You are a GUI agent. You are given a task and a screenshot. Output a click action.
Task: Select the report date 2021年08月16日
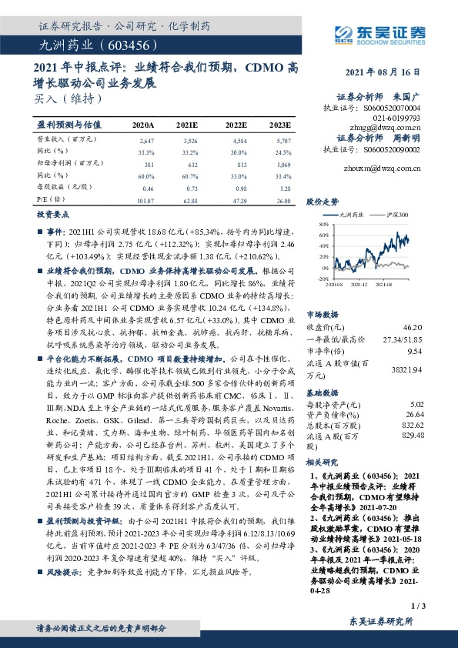[x=384, y=72]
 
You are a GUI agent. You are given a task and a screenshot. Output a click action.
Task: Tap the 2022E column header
[x=236, y=124]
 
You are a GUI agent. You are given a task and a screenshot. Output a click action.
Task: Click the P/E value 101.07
[x=145, y=200]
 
